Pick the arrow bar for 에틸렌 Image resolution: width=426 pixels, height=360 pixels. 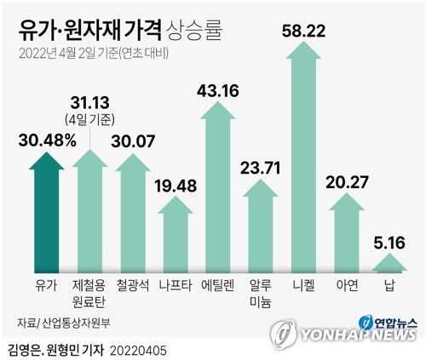coord(214,191)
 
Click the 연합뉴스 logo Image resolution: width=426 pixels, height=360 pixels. coord(389,322)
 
